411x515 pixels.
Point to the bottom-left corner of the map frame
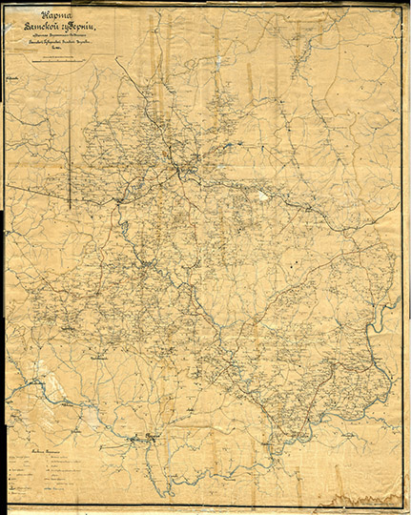pos(7,505)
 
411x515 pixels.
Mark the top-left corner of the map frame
pos(7,7)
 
